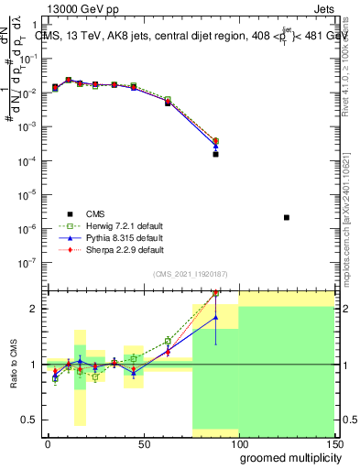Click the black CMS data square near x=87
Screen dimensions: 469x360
(x=215, y=154)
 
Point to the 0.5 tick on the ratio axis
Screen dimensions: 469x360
(x=30, y=420)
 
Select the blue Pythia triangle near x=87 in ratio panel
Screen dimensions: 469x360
(x=215, y=318)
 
